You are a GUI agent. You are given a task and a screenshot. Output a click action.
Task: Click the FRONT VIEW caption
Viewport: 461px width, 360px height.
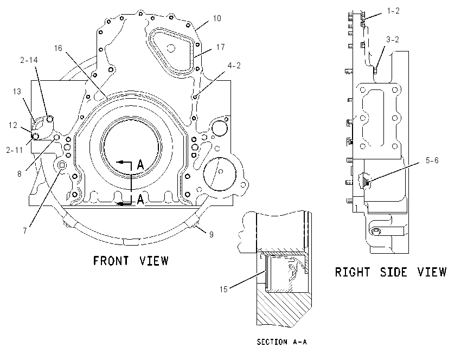131,261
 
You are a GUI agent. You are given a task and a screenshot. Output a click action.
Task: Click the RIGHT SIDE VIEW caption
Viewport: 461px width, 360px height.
390,272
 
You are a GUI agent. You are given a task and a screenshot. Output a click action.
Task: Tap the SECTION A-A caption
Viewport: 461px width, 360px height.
281,342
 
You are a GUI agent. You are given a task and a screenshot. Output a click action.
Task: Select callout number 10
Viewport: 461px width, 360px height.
217,18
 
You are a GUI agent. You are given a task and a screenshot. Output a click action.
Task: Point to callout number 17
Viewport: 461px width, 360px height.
221,47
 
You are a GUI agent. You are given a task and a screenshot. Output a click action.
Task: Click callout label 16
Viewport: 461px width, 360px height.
58,48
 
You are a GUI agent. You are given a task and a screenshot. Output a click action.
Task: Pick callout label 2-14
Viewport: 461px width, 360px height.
29,60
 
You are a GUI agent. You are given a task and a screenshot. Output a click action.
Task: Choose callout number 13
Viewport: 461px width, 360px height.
17,92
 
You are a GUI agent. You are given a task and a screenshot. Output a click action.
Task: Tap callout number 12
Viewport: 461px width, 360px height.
13,125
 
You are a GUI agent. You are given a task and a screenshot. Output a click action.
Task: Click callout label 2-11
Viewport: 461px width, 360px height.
15,150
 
